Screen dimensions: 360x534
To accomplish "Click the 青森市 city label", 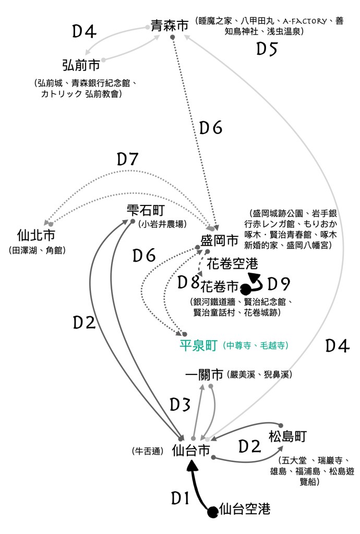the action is [170, 26].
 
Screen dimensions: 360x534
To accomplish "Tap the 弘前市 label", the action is [81, 65].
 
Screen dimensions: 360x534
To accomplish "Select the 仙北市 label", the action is [36, 235].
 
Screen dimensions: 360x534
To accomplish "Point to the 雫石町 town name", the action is [146, 211].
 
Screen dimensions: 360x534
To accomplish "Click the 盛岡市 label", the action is [219, 240].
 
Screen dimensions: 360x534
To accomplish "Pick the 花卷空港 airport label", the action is [232, 263].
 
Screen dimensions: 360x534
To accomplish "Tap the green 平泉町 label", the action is [199, 346].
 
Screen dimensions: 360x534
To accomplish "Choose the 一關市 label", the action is [205, 374].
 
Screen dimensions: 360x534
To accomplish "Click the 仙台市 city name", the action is [191, 451].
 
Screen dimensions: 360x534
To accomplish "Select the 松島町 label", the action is [288, 436].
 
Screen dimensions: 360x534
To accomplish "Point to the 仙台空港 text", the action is [245, 509].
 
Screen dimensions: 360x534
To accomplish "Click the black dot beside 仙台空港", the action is [213, 512].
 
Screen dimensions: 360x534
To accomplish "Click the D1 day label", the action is [180, 499].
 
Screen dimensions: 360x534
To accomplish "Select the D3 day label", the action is [180, 405].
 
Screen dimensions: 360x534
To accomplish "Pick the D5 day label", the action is [267, 48].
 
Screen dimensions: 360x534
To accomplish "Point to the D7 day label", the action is [127, 159].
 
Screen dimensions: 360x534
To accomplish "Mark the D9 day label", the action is [279, 284].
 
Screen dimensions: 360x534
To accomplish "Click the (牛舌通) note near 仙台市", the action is [148, 451].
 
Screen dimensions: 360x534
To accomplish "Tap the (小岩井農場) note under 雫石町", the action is [163, 224].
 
